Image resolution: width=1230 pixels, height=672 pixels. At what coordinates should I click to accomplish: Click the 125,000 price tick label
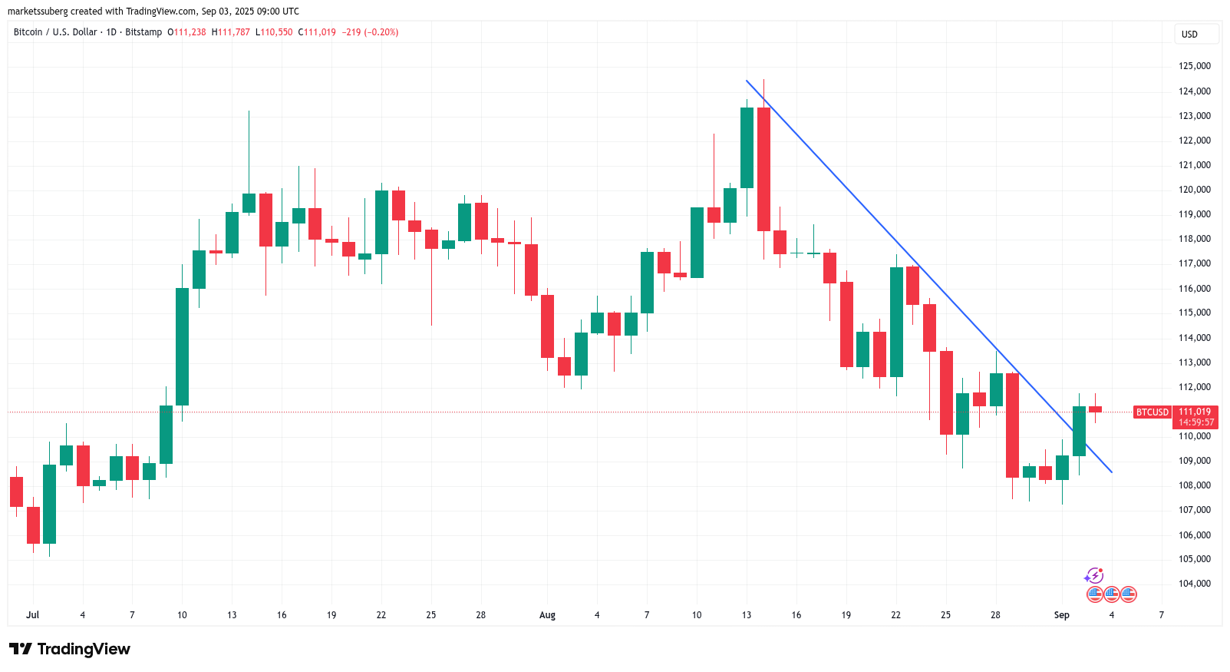coord(1194,66)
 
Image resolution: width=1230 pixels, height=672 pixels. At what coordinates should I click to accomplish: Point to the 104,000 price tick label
coord(1194,584)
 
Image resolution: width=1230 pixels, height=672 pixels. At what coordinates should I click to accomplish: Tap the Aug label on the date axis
coord(547,615)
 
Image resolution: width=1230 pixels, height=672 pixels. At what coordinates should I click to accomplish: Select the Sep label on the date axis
coord(1061,615)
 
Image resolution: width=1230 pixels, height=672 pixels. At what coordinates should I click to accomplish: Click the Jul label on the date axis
coord(32,615)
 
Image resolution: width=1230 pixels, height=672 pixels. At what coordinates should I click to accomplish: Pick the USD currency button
coord(1189,35)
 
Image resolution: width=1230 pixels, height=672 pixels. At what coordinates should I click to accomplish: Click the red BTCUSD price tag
coord(1152,412)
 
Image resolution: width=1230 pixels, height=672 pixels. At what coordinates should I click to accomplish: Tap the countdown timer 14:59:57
coord(1196,422)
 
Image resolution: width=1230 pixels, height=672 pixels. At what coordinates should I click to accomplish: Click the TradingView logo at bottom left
coord(70,649)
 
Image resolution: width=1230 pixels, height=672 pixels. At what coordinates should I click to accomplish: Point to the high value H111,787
coord(230,32)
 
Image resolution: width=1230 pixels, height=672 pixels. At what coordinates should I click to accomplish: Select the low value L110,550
coord(274,32)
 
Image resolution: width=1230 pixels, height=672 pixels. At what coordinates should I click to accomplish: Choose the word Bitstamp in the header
coord(143,32)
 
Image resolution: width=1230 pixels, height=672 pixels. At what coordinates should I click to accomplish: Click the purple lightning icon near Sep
coord(1094,576)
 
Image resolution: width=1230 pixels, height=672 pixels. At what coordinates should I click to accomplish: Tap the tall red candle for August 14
coord(763,169)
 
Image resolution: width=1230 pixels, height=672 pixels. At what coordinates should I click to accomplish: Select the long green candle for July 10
coord(182,346)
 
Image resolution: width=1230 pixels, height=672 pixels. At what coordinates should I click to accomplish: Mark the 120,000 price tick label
coord(1194,190)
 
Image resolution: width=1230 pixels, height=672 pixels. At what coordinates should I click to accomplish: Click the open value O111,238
coord(186,32)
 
